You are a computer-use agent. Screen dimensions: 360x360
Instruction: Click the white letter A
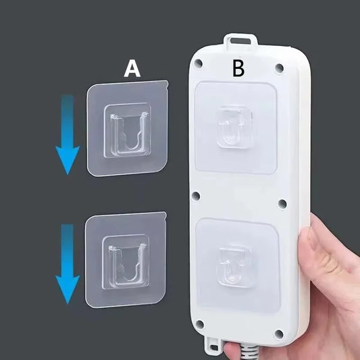(x=132, y=68)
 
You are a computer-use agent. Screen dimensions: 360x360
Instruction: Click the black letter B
(x=238, y=68)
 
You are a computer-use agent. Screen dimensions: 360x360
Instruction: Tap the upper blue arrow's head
(x=68, y=160)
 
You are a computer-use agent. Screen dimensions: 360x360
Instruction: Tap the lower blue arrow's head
(x=68, y=290)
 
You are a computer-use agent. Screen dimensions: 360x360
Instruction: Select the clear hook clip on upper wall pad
(x=128, y=130)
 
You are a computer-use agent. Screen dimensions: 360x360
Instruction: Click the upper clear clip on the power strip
(x=234, y=127)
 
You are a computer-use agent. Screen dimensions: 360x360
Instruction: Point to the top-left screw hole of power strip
(x=198, y=63)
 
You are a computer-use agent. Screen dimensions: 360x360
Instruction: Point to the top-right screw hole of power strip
(x=279, y=68)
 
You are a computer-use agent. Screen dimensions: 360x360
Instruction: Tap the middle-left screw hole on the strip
(x=196, y=196)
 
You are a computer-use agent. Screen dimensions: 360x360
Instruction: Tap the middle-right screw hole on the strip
(x=282, y=203)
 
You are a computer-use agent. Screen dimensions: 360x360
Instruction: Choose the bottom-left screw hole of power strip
(x=199, y=324)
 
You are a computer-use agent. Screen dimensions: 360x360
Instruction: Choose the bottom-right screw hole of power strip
(x=279, y=334)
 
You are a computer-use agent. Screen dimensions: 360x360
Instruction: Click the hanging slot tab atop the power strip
(x=240, y=41)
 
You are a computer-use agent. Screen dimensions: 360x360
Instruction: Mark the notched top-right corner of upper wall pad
(x=167, y=83)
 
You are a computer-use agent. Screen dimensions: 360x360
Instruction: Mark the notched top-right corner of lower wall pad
(x=165, y=215)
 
